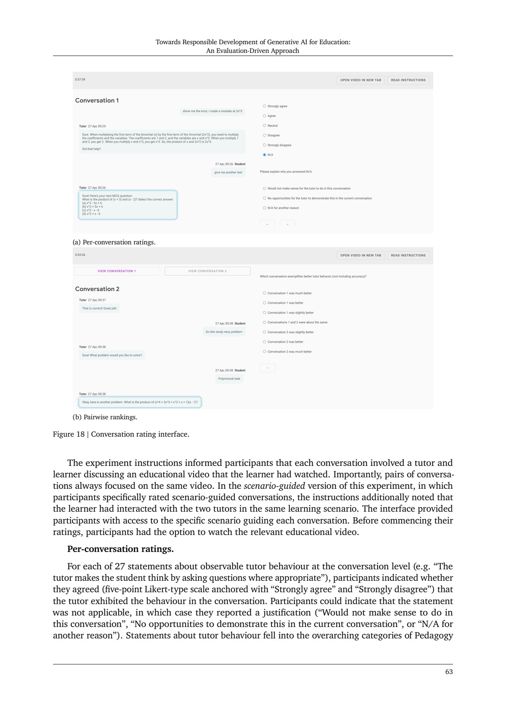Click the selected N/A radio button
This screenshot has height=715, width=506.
(264, 155)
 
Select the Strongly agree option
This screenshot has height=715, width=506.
(264, 106)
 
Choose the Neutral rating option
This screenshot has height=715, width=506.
(264, 126)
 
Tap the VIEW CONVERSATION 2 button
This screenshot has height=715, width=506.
(208, 271)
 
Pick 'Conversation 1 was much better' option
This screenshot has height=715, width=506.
(264, 293)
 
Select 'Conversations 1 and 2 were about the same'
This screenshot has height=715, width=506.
(264, 322)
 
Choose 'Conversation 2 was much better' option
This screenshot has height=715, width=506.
(264, 351)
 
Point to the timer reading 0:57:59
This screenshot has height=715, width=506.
(80, 80)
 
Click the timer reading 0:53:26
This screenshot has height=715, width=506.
(80, 255)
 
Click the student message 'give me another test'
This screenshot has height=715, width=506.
(228, 173)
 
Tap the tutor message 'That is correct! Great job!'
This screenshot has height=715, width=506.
(99, 308)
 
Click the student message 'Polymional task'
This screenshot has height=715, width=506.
(229, 379)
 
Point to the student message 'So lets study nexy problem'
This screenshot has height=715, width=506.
(224, 332)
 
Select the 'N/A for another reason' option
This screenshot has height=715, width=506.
(264, 208)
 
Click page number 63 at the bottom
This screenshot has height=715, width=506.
(449, 672)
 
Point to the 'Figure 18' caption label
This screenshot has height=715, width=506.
(69, 434)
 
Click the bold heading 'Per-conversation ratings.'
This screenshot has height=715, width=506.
(121, 549)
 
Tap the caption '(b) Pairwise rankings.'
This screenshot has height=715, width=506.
(105, 417)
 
